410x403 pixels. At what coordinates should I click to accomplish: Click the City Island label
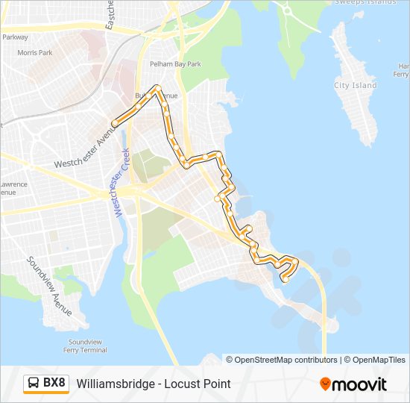pos(356,86)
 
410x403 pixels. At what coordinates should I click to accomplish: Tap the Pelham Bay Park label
pos(175,64)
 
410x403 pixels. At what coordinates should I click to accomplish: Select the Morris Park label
pos(35,53)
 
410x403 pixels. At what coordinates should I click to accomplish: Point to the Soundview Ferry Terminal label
pos(83,346)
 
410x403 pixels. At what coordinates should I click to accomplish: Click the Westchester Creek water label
pos(122,183)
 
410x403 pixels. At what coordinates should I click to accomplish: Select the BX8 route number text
pos(54,384)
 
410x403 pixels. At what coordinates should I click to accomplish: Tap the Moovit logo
pos(353,384)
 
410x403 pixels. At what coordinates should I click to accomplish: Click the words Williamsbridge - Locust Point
pos(154,384)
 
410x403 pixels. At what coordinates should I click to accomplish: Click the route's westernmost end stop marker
pos(114,123)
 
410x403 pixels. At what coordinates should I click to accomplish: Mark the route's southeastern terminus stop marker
pos(285,280)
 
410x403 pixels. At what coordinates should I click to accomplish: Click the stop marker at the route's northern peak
pos(158,88)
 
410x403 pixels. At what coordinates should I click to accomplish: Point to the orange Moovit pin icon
pos(326,384)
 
